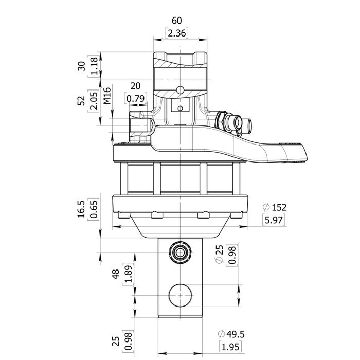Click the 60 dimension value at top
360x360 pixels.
[x=177, y=21]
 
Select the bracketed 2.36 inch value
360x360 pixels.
[x=177, y=33]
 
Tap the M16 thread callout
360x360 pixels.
[x=107, y=96]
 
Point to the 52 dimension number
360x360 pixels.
[x=81, y=100]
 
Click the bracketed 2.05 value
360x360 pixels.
[x=94, y=100]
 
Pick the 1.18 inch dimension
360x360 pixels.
[x=94, y=66]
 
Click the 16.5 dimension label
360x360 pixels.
[x=81, y=210]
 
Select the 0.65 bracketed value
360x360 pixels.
[x=94, y=210]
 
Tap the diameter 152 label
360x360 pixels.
[x=274, y=207]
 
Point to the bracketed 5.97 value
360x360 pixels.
[x=274, y=220]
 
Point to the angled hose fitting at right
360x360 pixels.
[x=234, y=122]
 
